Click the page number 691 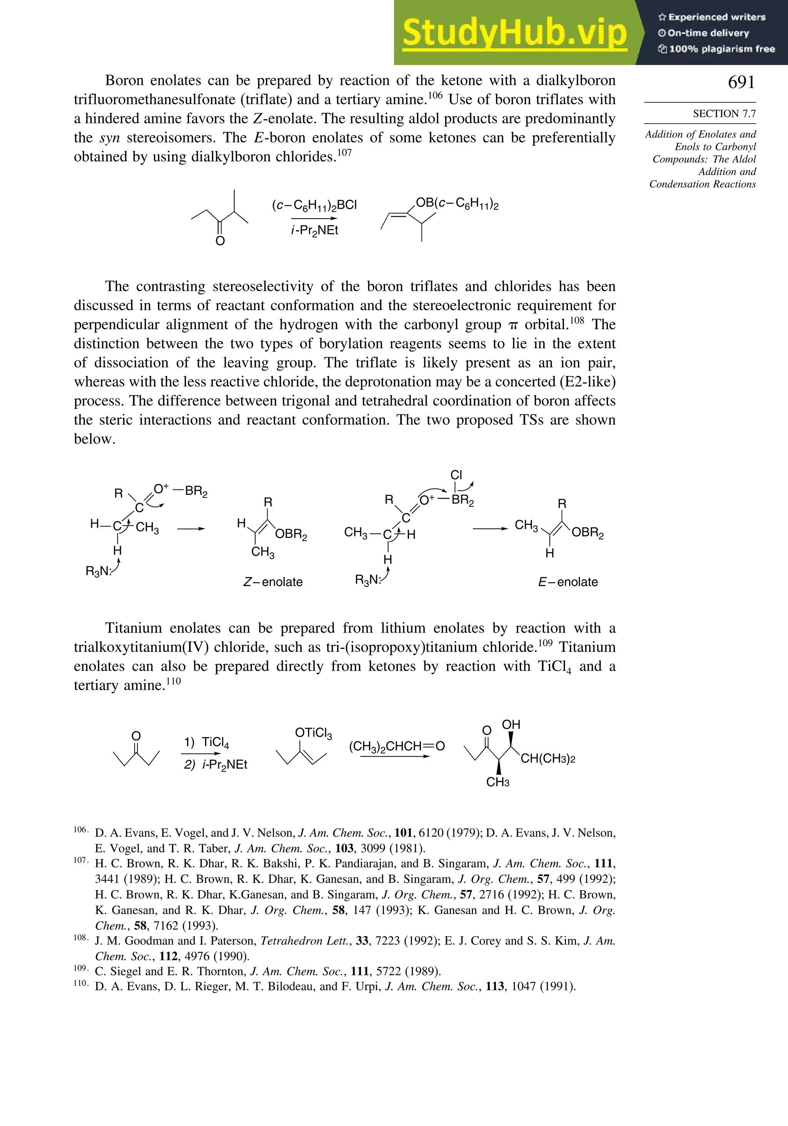point(741,82)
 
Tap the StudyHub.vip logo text point(514,33)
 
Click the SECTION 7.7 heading point(724,114)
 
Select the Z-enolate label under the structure point(273,582)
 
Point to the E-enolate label point(568,582)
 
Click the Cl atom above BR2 point(456,475)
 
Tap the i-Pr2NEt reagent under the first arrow point(314,231)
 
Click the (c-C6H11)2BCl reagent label point(314,205)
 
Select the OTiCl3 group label point(313,733)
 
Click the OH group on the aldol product point(511,725)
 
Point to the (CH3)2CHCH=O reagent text point(397,747)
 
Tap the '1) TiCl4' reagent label point(207,742)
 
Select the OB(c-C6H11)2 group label point(457,204)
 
